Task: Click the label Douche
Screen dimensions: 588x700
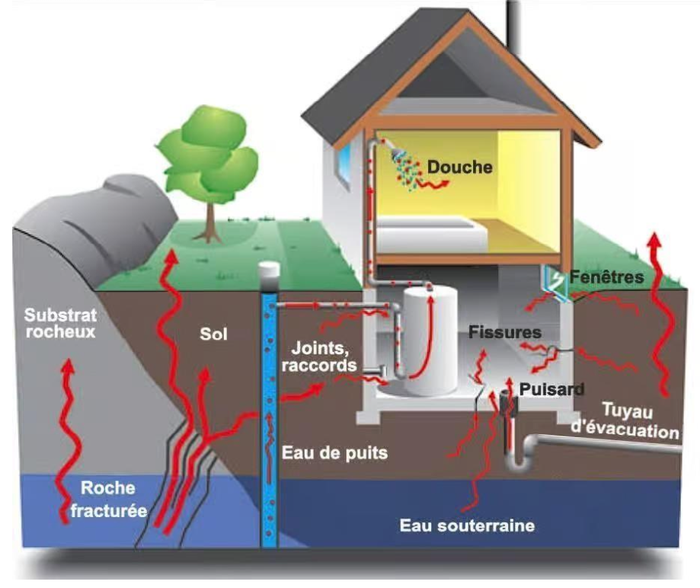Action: coord(459,166)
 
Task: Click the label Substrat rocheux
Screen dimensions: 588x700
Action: coord(59,323)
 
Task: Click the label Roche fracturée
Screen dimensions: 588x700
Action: coord(107,499)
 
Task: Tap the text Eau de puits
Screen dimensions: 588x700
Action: coord(334,452)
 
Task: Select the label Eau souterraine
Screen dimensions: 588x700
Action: coord(468,525)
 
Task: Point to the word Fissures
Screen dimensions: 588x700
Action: coord(504,332)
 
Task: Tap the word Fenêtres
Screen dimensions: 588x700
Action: coord(609,277)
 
